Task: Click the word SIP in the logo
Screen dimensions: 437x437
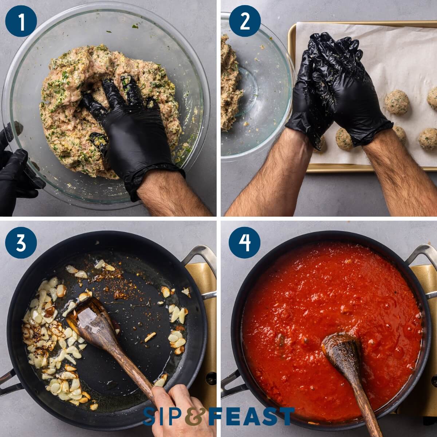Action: click(x=162, y=416)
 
